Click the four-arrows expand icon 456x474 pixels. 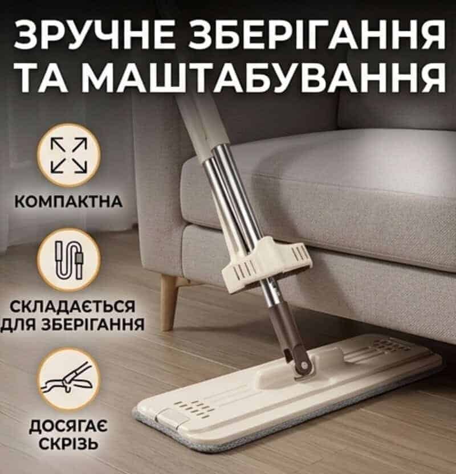click(x=68, y=155)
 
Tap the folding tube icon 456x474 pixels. click(x=68, y=260)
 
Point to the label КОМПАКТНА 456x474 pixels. click(x=68, y=202)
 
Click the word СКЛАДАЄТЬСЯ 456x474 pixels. click(x=72, y=307)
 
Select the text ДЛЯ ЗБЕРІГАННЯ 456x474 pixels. click(x=72, y=324)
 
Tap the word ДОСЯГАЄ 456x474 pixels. click(x=68, y=426)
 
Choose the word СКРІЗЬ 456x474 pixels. click(x=69, y=443)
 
